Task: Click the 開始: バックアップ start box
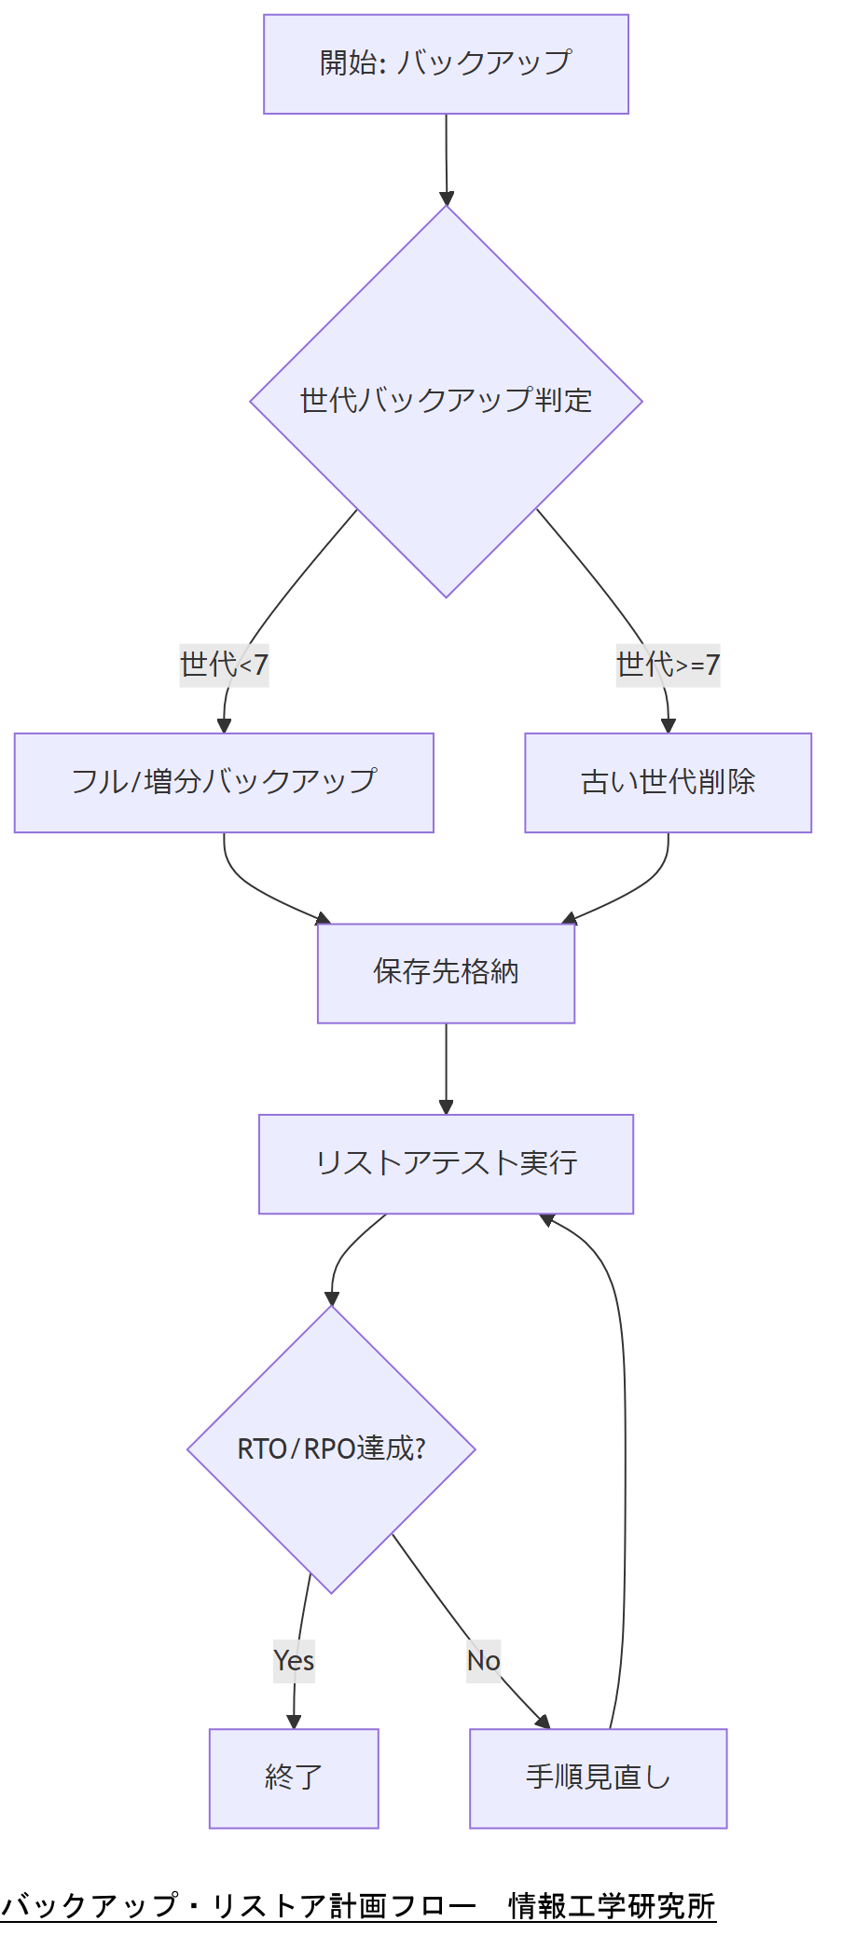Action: click(x=446, y=64)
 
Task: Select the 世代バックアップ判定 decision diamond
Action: click(x=446, y=401)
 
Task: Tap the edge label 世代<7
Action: click(x=224, y=666)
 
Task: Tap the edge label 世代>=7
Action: click(x=668, y=666)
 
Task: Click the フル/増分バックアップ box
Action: click(x=224, y=783)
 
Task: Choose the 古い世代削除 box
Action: click(x=668, y=783)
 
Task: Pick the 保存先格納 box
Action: click(x=446, y=973)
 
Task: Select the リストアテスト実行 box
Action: click(x=446, y=1164)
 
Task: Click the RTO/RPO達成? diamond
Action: click(x=331, y=1449)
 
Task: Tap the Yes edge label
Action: click(x=294, y=1661)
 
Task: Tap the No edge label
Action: click(x=484, y=1661)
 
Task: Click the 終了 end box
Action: click(x=294, y=1778)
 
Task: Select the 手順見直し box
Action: click(x=598, y=1778)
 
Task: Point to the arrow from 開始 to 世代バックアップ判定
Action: click(x=446, y=158)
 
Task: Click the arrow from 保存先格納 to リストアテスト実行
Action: click(x=446, y=1068)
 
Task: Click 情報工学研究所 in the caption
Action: click(x=612, y=1906)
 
